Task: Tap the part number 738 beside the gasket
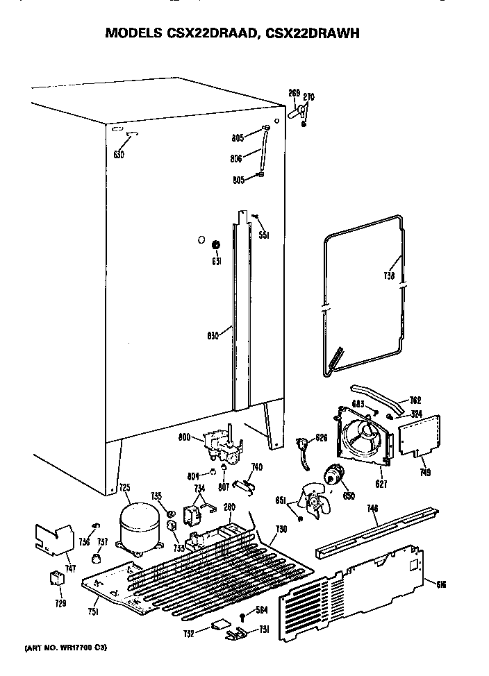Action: coord(389,276)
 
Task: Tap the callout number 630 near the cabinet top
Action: coord(118,155)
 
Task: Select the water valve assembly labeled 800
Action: coord(220,445)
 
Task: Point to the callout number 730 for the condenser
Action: coord(281,530)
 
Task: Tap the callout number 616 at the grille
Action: coord(440,583)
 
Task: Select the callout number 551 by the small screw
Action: coord(263,235)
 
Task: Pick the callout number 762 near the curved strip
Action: coord(415,400)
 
